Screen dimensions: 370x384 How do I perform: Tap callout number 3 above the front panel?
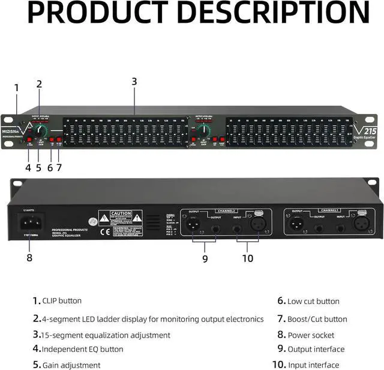(134, 82)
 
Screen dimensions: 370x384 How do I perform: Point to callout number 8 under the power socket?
(29, 258)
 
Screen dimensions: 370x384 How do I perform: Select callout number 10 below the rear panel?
(248, 258)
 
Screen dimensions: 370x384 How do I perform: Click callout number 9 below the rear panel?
(205, 258)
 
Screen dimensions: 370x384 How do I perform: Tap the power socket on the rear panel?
(29, 224)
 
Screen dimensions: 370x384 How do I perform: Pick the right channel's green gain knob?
(205, 130)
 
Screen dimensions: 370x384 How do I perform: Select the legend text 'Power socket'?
(311, 335)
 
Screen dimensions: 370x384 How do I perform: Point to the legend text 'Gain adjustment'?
(71, 365)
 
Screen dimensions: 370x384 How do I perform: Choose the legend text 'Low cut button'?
(313, 301)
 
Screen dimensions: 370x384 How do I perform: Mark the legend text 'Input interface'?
(313, 365)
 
